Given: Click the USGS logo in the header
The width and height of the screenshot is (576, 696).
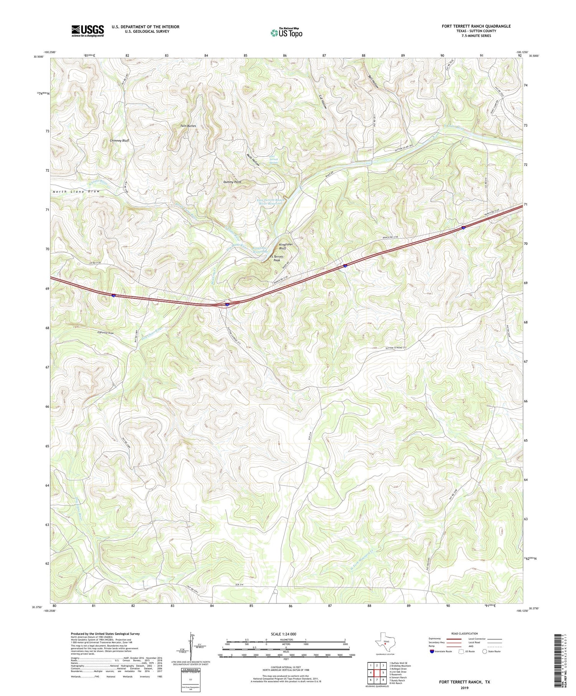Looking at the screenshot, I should tap(88, 31).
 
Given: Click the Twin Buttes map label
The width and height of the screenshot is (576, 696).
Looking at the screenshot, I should tap(188, 126).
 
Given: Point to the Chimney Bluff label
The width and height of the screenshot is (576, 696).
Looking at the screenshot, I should tap(119, 141).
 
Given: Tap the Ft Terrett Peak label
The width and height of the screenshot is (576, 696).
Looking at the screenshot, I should tap(276, 258).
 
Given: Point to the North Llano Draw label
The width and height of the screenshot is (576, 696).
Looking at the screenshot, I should tap(76, 191).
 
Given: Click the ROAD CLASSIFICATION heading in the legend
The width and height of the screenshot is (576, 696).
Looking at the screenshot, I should tap(465, 633).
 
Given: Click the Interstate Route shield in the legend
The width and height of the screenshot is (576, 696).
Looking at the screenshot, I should tap(432, 651).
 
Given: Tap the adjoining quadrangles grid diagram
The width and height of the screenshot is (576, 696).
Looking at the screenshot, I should tap(377, 672).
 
